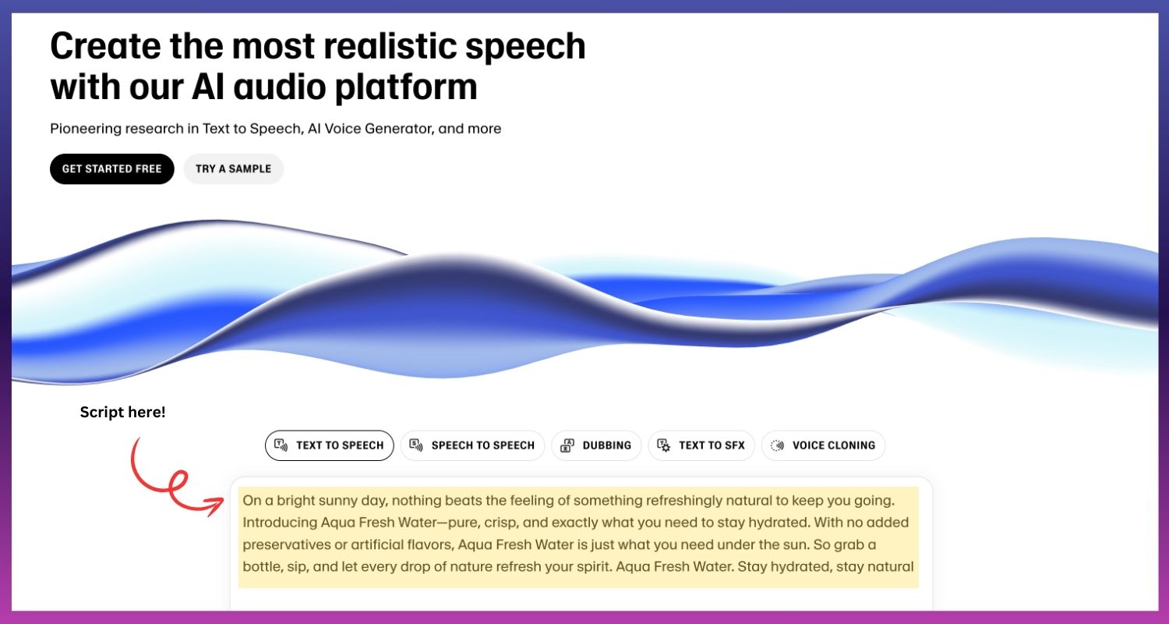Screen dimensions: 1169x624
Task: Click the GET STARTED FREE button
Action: (x=111, y=168)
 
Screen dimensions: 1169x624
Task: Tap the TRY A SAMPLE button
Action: (x=233, y=168)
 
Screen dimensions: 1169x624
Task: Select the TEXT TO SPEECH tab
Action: (x=330, y=445)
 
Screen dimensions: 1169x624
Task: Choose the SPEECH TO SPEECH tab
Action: (x=472, y=445)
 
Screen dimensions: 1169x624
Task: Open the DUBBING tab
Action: (x=596, y=445)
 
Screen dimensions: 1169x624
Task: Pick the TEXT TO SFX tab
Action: (x=701, y=445)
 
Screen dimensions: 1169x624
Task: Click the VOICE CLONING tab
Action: (x=824, y=445)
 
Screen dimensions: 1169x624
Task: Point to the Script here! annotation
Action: (x=122, y=412)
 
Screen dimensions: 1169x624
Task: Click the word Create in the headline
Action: (x=106, y=46)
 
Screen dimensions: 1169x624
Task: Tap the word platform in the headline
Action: (x=406, y=87)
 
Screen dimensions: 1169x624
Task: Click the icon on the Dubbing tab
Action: (x=567, y=445)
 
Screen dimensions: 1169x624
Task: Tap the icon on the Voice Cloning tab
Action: (x=777, y=445)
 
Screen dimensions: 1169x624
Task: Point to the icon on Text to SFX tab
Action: (x=664, y=445)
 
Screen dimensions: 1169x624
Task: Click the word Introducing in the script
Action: (x=280, y=523)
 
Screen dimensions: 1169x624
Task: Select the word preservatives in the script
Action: (x=287, y=544)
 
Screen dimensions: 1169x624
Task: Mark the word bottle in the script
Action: (x=263, y=566)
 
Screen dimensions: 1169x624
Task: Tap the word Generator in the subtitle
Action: (x=399, y=129)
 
